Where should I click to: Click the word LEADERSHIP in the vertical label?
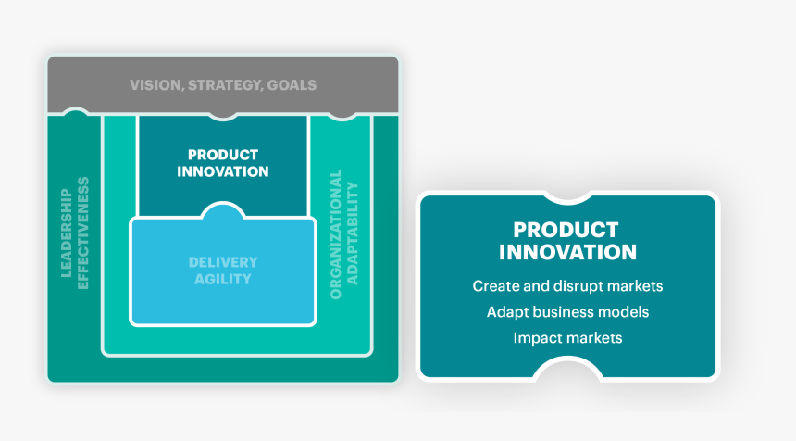point(66,233)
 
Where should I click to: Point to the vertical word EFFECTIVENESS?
point(82,233)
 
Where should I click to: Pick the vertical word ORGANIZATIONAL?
point(336,234)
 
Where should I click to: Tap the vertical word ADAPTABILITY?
point(353,233)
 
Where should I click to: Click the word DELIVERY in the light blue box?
point(223,262)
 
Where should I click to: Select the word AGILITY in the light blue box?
point(223,279)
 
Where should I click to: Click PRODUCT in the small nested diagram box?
point(223,155)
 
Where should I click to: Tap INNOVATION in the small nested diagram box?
point(223,171)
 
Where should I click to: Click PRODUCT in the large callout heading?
point(566,230)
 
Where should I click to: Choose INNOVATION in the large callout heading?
point(567,252)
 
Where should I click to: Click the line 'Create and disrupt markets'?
point(567,286)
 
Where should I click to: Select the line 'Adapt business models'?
point(567,312)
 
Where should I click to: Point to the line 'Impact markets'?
point(567,338)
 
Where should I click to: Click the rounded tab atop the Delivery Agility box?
point(223,210)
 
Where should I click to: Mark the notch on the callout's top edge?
point(567,198)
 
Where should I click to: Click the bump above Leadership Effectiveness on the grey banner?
point(75,112)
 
